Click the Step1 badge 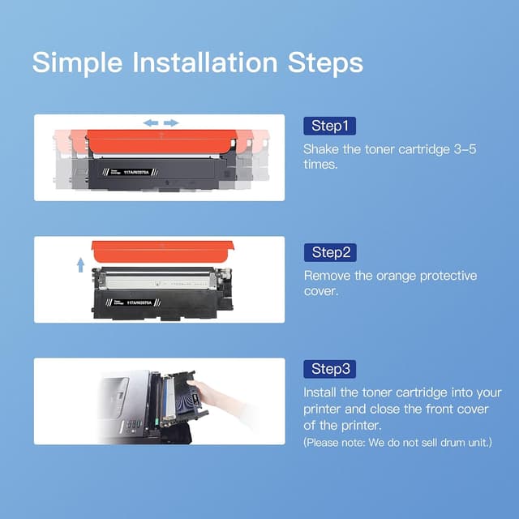(x=329, y=126)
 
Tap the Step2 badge (x=329, y=252)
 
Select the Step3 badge (x=329, y=369)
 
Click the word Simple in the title (x=78, y=62)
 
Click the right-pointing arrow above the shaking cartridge (x=171, y=123)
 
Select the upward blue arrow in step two (x=80, y=264)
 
